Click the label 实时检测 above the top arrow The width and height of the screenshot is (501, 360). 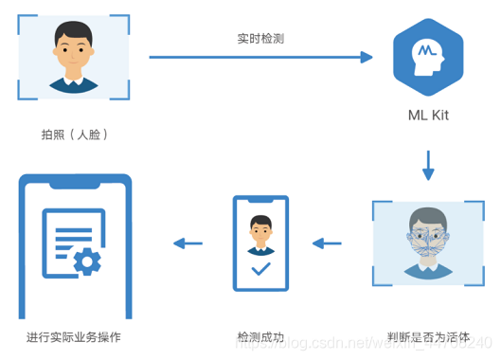coord(260,40)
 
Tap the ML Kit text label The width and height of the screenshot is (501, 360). coord(428,117)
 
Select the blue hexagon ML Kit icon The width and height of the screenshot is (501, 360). coord(428,60)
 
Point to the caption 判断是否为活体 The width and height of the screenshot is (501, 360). coord(428,335)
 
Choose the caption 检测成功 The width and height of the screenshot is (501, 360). coord(260,336)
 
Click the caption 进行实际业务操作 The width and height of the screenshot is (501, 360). coord(74,336)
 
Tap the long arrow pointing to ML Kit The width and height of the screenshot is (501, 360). coord(260,58)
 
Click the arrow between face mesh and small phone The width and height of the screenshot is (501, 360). coord(327,243)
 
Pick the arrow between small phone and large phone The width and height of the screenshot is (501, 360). coord(188,243)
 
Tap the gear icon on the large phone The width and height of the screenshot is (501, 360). coord(88,262)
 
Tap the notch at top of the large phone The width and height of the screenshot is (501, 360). coord(74,182)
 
